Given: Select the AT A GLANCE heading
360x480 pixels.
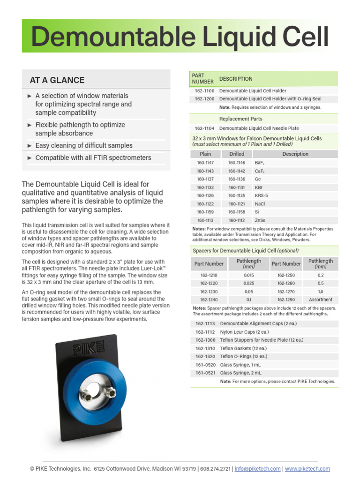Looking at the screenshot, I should [57, 80].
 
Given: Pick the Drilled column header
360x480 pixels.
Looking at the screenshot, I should [237, 154].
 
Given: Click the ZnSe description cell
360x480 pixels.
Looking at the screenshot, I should [260, 220].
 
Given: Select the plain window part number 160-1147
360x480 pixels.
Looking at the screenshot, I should [205, 163].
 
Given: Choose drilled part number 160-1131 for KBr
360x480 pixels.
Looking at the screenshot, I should [237, 187].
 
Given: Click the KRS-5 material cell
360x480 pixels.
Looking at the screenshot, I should [261, 195].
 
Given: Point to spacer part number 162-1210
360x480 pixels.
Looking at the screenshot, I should [209, 275].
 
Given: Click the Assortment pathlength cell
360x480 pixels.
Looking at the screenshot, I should [321, 300].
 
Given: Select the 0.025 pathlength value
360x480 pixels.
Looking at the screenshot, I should [248, 283].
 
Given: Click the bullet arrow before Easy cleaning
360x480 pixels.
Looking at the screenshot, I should [30, 146].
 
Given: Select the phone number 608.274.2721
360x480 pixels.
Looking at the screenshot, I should [215, 469].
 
